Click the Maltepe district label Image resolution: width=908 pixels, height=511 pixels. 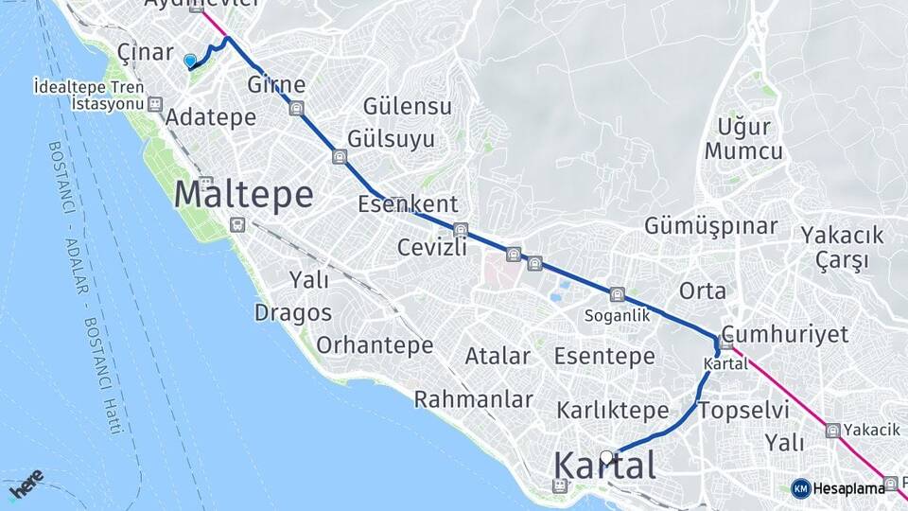pyautogui.click(x=244, y=195)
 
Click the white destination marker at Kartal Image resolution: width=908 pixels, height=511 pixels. pyautogui.click(x=606, y=456)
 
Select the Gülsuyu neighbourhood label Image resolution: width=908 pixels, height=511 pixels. pyautogui.click(x=391, y=139)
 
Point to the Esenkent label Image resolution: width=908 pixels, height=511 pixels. pyautogui.click(x=408, y=203)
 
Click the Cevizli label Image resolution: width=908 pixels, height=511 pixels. pyautogui.click(x=433, y=248)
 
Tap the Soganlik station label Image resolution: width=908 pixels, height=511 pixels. pyautogui.click(x=618, y=316)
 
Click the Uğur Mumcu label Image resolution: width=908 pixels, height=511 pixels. pyautogui.click(x=743, y=139)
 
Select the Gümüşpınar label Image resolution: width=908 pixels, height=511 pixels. pyautogui.click(x=710, y=226)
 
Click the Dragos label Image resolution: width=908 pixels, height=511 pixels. pyautogui.click(x=293, y=312)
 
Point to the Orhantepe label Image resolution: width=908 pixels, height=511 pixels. pyautogui.click(x=375, y=344)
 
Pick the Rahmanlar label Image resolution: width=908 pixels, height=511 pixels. pyautogui.click(x=474, y=399)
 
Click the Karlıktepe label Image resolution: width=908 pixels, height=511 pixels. pyautogui.click(x=613, y=411)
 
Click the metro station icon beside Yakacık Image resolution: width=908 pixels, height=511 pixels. pyautogui.click(x=832, y=431)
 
